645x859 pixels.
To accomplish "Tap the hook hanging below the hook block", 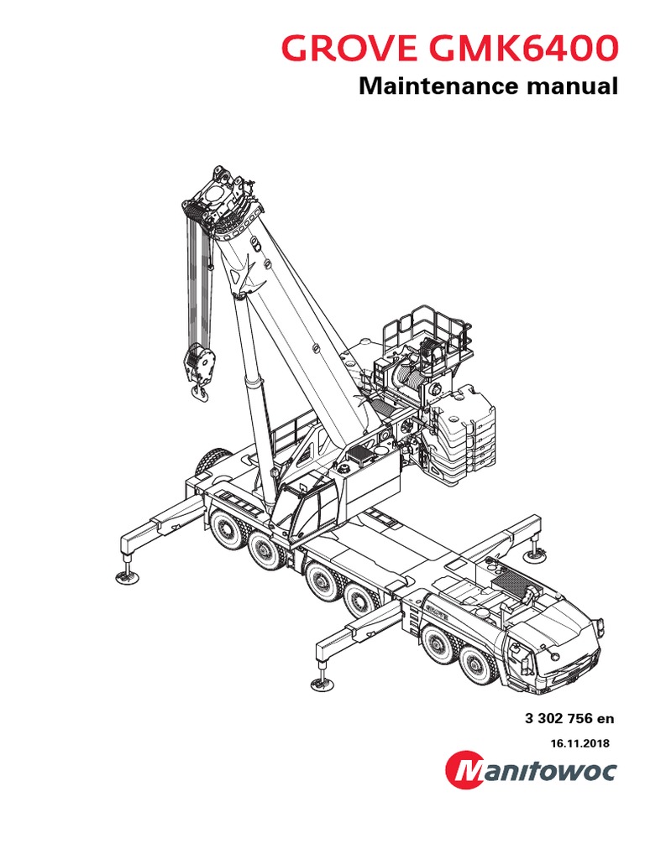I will click(199, 390).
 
